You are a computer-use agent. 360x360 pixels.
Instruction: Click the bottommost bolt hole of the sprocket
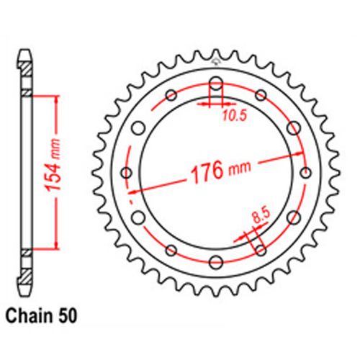216,263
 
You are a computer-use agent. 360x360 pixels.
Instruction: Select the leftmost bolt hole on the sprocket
127,173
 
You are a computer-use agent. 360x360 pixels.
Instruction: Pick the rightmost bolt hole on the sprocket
305,173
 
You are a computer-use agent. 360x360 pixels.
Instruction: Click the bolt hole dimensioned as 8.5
261,250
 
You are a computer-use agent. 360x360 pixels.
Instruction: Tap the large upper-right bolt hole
292,128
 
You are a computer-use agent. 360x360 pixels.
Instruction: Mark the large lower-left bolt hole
140,217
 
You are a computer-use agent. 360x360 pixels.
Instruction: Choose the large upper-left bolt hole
140,128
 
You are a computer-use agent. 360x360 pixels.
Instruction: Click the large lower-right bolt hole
292,217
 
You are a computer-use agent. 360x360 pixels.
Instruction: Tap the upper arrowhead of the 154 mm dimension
53,98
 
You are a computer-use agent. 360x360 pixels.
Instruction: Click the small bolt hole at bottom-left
171,250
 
